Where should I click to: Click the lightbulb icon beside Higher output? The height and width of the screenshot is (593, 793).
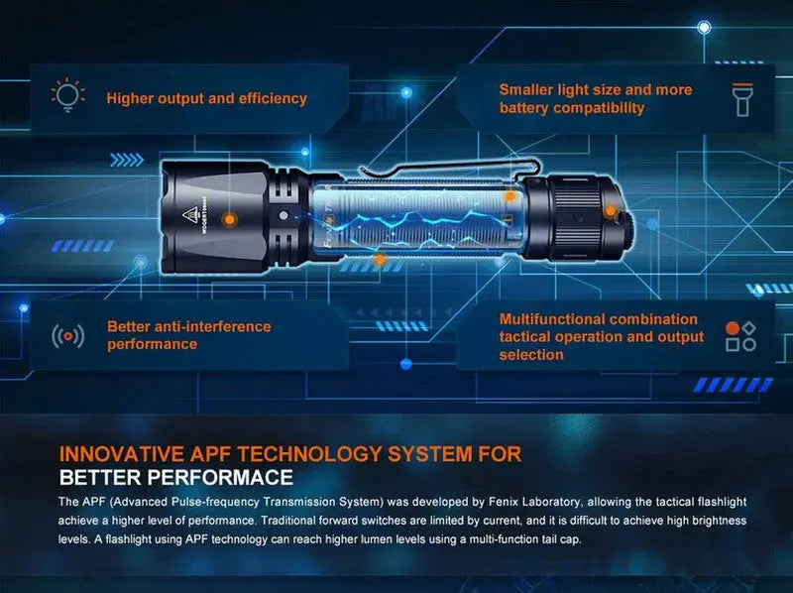coord(67,94)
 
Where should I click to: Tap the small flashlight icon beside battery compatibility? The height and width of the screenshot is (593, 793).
coord(742,100)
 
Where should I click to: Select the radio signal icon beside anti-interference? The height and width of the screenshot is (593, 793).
coord(67,336)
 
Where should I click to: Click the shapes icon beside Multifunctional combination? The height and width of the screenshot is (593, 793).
coord(740,336)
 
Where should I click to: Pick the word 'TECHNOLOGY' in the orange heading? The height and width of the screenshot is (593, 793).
coord(309,454)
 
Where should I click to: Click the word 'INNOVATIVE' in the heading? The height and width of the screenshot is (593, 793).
coord(121,454)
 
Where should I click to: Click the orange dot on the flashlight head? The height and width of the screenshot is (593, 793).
coord(230,219)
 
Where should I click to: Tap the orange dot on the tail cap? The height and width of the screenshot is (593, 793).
coord(611,210)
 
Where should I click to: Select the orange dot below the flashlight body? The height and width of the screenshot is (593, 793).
coord(380,260)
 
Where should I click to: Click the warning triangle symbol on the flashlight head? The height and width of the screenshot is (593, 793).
coord(189,214)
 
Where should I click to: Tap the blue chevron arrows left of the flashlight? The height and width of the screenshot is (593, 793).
coord(127,161)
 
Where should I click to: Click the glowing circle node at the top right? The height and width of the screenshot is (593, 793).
coord(704,28)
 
